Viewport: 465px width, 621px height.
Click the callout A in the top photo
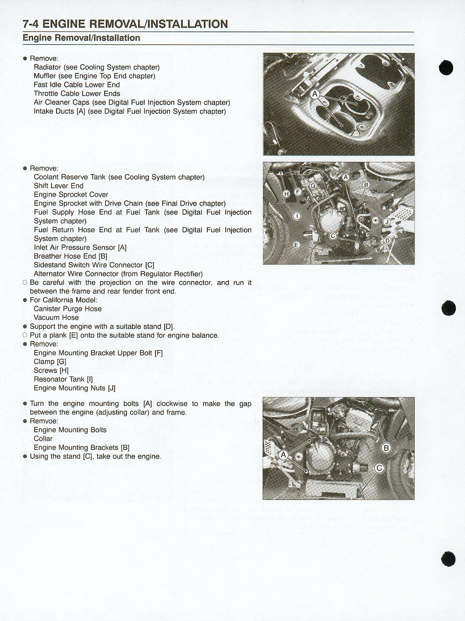(x=315, y=94)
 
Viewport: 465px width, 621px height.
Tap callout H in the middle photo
(x=287, y=194)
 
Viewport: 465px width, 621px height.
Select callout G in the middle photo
(x=313, y=186)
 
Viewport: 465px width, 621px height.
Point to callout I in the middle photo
(x=297, y=216)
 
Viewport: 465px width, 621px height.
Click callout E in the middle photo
(x=297, y=245)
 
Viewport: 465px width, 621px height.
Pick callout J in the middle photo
(x=387, y=222)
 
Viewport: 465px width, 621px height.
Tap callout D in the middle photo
(x=387, y=241)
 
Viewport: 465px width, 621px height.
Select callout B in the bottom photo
(x=386, y=448)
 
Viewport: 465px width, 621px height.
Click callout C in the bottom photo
(x=379, y=468)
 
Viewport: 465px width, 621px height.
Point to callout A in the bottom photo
(x=283, y=455)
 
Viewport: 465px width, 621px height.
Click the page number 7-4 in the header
(x=31, y=24)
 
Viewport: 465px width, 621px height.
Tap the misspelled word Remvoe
(x=43, y=421)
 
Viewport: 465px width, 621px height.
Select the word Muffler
(x=45, y=76)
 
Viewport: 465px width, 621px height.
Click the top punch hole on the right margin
(x=447, y=68)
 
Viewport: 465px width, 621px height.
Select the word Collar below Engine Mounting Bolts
(x=43, y=439)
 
